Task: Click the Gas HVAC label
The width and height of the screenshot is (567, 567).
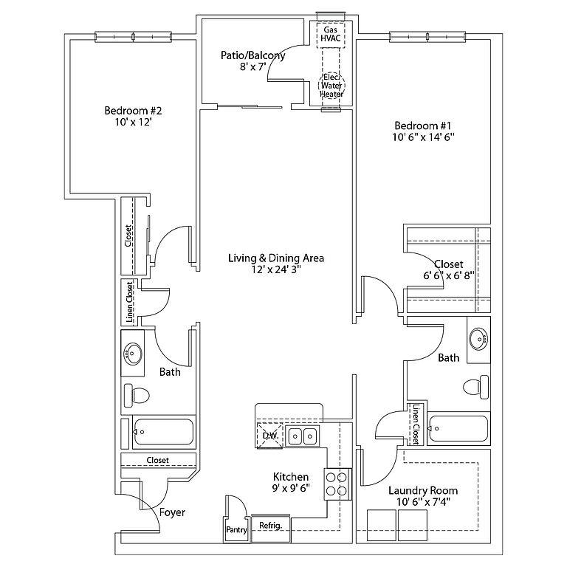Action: pos(331,34)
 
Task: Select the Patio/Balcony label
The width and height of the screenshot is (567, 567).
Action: pos(252,55)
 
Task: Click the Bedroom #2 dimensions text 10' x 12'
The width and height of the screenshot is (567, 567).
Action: pos(133,122)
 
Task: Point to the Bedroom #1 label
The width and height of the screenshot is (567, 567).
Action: pos(423,126)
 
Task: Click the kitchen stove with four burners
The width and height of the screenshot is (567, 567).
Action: pos(337,484)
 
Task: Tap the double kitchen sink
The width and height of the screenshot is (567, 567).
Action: pos(302,436)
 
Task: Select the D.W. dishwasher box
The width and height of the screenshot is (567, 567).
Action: pos(269,436)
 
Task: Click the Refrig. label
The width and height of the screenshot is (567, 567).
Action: pos(270,525)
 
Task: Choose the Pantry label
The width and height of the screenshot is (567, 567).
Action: pos(236,530)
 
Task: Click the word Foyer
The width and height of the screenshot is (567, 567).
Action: pos(172,512)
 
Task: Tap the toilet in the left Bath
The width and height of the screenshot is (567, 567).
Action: pos(137,395)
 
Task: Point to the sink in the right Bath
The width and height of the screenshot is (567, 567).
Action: pos(478,339)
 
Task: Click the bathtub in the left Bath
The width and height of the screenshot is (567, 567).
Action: pos(163,432)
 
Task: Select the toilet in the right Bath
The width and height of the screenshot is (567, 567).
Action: pos(476,387)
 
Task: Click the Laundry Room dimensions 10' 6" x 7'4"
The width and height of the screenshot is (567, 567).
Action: pos(423,501)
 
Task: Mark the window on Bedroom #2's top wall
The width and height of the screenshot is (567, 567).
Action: pos(133,36)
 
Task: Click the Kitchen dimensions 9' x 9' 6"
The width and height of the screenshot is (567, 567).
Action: pos(291,488)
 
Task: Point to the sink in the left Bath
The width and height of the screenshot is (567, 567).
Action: pos(133,353)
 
